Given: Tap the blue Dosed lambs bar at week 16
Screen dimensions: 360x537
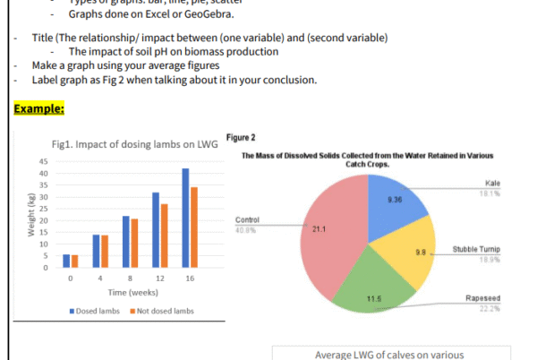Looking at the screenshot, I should coord(185,218).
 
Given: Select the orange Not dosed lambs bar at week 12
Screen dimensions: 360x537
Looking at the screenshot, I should coord(164,236).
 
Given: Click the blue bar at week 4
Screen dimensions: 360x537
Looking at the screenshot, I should coord(97,251).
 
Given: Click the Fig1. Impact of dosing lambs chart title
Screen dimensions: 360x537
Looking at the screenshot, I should coord(130,144).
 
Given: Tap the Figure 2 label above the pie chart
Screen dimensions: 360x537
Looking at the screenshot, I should coord(242,137).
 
